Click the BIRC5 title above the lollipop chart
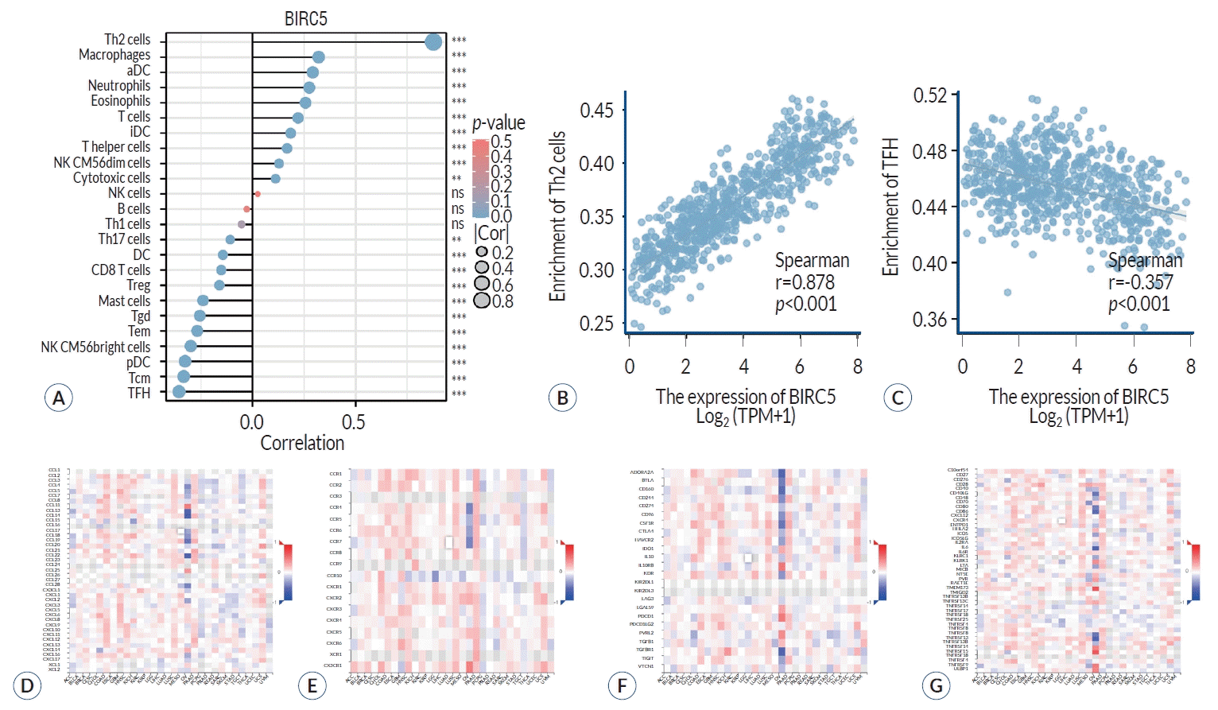click(x=306, y=18)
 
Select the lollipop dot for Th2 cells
click(x=433, y=42)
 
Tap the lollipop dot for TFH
click(x=179, y=392)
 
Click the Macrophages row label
click(x=114, y=55)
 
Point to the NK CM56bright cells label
click(x=95, y=347)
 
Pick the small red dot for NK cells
click(x=257, y=194)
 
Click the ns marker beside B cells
click(x=458, y=209)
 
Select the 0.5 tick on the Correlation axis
click(x=354, y=421)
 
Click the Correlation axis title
click(x=302, y=443)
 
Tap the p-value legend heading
click(x=498, y=123)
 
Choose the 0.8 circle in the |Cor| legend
click(x=482, y=301)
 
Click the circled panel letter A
click(x=58, y=398)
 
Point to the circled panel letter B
click(x=562, y=398)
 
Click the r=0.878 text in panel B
click(x=805, y=282)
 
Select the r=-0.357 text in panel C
click(x=1140, y=282)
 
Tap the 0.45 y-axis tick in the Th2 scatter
click(x=596, y=110)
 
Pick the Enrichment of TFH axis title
click(x=890, y=207)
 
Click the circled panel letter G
click(x=936, y=686)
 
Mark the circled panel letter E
click(x=312, y=686)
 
